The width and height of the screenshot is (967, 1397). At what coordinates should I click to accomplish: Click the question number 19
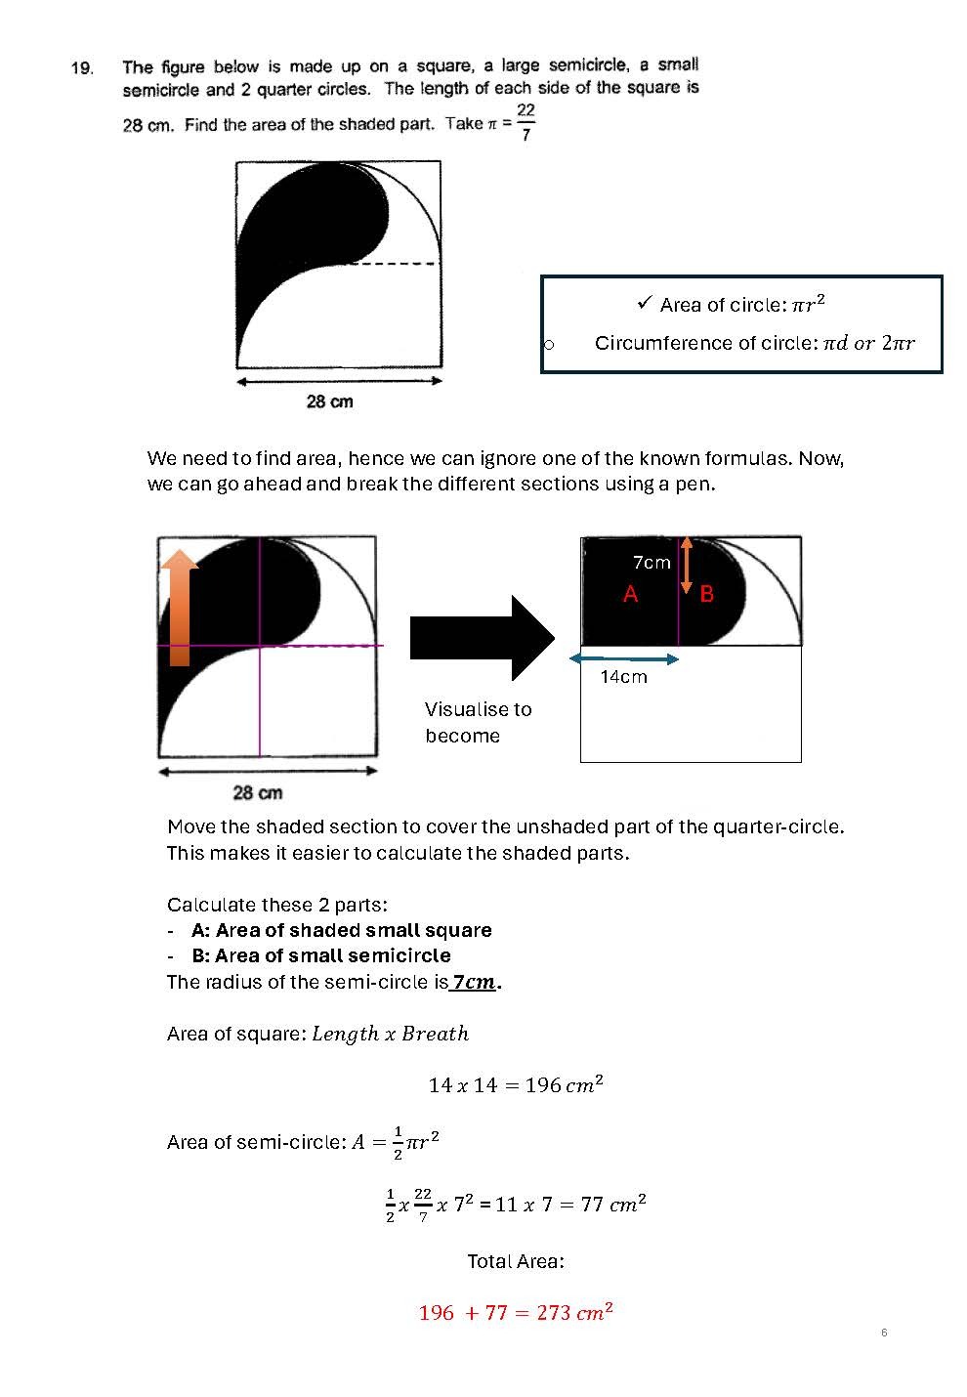(82, 68)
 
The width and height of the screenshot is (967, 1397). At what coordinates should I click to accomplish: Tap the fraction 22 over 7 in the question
(526, 122)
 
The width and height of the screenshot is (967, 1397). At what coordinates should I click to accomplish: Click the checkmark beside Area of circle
(644, 303)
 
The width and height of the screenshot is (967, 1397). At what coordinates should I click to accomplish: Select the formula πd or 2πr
(868, 343)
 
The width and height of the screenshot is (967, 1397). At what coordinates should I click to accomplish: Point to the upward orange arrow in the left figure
(180, 606)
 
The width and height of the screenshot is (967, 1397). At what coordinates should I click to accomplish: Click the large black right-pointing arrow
(483, 638)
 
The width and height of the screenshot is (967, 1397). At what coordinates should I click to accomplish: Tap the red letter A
(631, 593)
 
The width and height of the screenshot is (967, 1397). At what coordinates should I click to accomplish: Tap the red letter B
(707, 593)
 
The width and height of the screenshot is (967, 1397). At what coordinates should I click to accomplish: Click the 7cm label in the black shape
(652, 563)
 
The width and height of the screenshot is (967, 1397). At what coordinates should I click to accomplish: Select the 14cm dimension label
(623, 677)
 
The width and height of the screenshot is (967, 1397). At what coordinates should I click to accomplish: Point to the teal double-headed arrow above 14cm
(624, 659)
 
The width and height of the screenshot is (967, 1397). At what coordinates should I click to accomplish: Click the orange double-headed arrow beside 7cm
(687, 565)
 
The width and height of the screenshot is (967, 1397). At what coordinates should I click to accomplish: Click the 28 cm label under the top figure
(330, 402)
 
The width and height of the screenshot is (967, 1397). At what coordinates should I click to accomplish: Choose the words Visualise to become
(478, 722)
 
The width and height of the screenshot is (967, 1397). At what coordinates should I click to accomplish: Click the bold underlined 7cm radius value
(475, 982)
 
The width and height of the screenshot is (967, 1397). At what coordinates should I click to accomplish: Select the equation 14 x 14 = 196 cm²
(516, 1084)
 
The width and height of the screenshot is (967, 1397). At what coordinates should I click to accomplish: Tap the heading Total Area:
(515, 1261)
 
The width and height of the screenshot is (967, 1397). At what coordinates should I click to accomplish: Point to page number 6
(884, 1333)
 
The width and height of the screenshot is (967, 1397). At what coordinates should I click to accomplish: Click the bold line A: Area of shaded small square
(341, 930)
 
